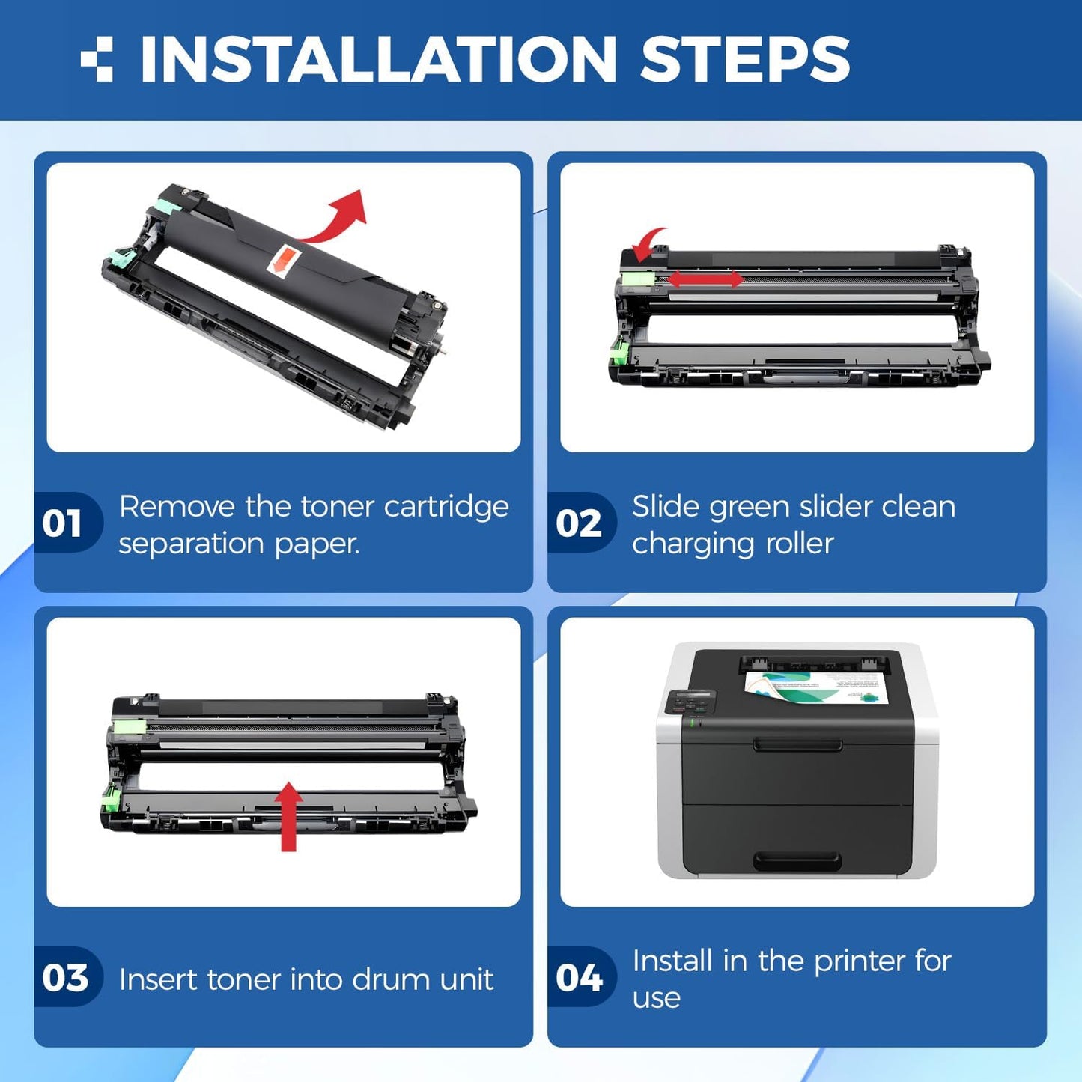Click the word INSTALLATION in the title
pos(378,59)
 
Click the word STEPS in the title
pos(745,59)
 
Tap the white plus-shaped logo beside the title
pos(97,59)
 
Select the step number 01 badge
pos(65,523)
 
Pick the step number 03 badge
pos(65,978)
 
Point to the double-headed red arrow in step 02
pos(706,279)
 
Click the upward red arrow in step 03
pos(288,816)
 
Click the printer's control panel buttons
pos(690,702)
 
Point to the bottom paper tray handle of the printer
pos(797,861)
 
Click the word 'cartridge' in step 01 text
pos(446,507)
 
